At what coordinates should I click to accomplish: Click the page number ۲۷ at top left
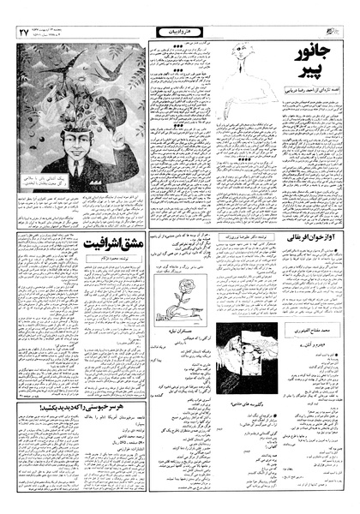tap(23, 32)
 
